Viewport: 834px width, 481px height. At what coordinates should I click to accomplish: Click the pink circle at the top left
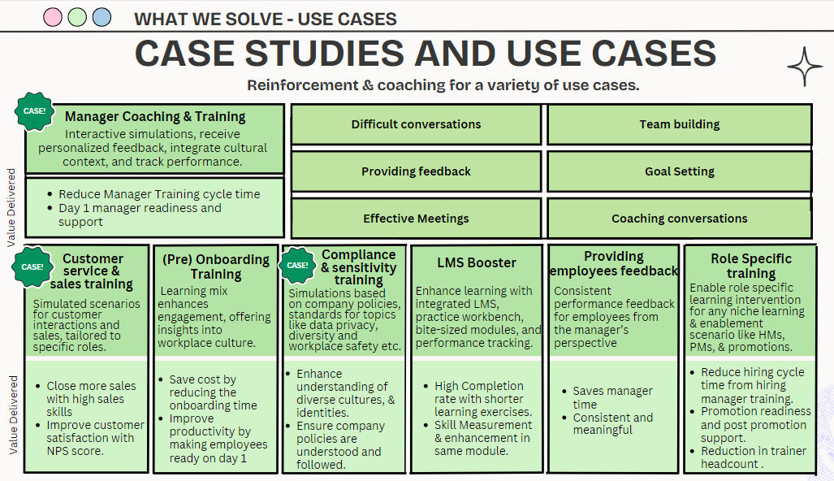[x=52, y=17]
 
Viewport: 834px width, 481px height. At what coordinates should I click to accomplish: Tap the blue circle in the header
[x=102, y=17]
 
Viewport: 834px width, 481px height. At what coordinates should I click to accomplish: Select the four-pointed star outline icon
[x=805, y=67]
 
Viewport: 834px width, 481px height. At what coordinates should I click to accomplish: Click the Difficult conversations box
[x=416, y=124]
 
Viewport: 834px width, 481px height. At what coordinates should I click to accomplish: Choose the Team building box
[x=679, y=124]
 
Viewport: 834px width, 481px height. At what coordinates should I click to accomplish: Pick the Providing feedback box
[x=416, y=171]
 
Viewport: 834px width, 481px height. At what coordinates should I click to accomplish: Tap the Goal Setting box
[x=679, y=171]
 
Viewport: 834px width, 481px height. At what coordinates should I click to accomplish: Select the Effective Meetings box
[x=416, y=219]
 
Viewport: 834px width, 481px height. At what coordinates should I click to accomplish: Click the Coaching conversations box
[x=679, y=219]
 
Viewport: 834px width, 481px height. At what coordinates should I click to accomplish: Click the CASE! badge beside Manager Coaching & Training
[x=35, y=111]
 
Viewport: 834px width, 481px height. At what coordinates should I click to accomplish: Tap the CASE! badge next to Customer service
[x=32, y=266]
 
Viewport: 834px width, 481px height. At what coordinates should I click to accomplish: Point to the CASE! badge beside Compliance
[x=298, y=265]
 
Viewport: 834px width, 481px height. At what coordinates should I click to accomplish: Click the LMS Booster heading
[x=477, y=262]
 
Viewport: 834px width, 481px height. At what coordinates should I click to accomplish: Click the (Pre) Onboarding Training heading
[x=216, y=266]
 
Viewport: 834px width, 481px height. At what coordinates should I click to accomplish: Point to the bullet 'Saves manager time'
[x=612, y=397]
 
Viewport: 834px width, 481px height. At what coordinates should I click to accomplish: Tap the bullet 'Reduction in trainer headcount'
[x=753, y=457]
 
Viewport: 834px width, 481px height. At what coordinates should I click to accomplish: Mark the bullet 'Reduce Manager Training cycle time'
[x=159, y=194]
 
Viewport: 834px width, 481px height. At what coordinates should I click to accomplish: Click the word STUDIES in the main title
[x=322, y=54]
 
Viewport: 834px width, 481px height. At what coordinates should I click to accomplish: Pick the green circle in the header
[x=77, y=17]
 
